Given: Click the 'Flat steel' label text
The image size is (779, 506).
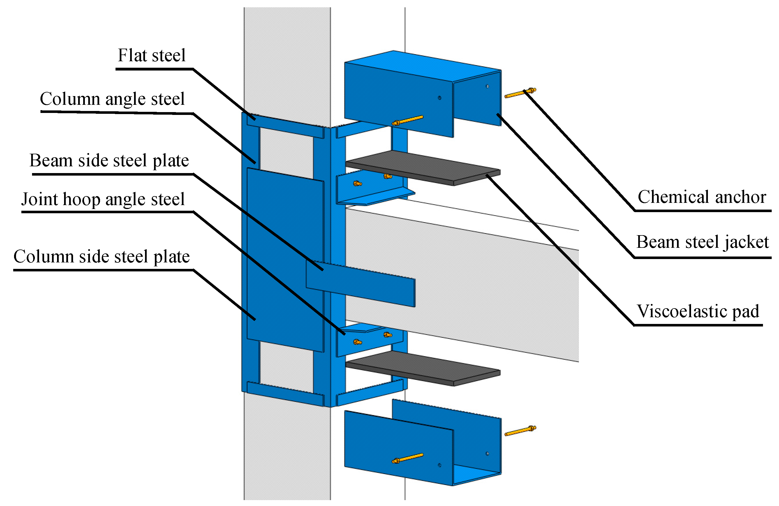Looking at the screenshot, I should point(151,55).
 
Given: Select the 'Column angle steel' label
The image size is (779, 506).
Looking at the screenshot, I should point(112,99).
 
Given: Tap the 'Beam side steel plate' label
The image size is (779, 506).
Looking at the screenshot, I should point(109,160).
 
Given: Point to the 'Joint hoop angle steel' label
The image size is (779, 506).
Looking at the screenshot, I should point(103,199).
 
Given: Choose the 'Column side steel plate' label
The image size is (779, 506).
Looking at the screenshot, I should point(101,256).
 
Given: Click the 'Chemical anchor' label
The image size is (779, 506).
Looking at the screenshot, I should point(702,197).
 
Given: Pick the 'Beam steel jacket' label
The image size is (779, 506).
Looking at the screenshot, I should point(702,242).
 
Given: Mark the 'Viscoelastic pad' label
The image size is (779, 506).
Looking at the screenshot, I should point(698,311).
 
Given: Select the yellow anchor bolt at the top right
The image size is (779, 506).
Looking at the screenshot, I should point(520,93).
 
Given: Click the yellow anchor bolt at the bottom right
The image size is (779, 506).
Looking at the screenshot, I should point(520,431).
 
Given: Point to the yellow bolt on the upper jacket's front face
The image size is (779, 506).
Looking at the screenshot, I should point(407,120).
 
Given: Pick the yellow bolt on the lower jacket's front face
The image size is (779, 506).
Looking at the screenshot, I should point(407,458).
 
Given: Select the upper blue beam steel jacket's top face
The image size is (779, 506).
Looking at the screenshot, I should point(422,65).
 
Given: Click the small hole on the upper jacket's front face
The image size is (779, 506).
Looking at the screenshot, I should point(440,97).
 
